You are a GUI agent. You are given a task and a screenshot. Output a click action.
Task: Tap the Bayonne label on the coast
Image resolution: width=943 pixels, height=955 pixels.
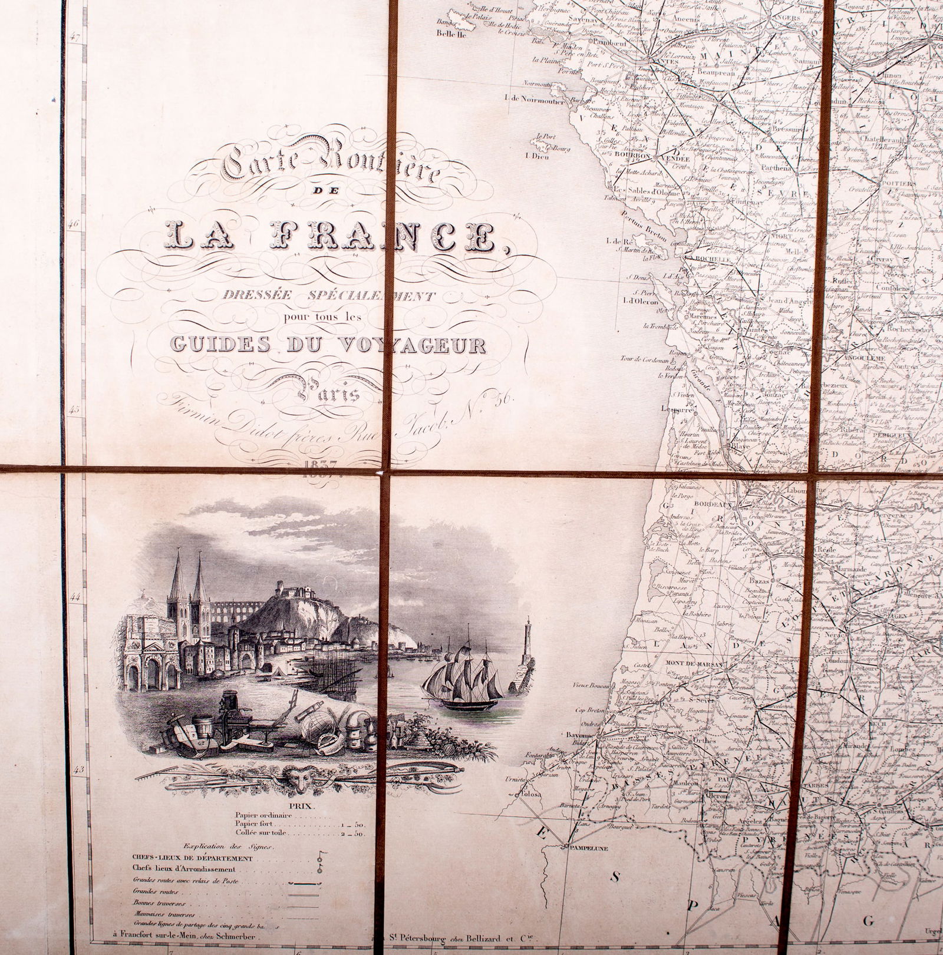pyautogui.click(x=579, y=736)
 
